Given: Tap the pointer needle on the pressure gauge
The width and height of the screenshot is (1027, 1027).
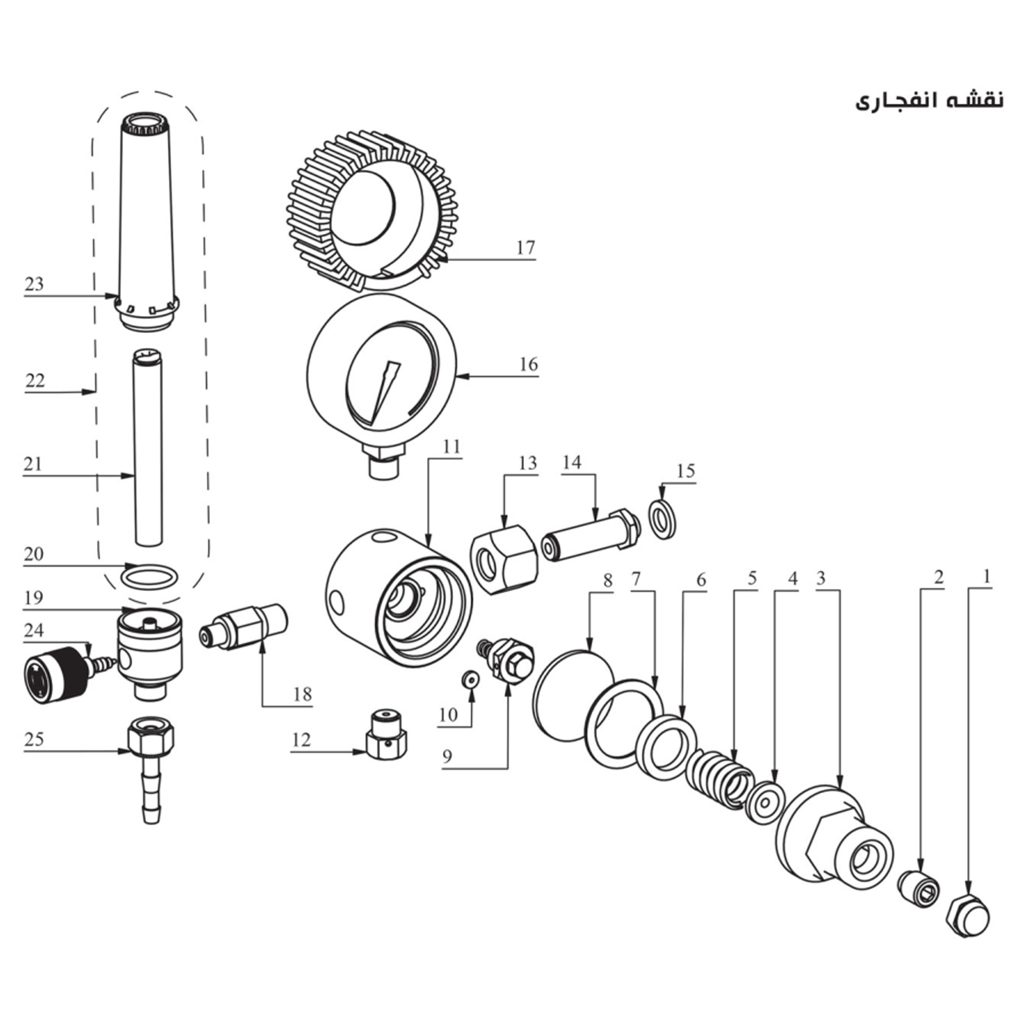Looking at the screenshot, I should coord(387,391).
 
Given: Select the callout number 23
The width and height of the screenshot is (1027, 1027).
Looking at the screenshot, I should coord(35,284).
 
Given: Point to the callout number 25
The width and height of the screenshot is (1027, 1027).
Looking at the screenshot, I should coord(34,739).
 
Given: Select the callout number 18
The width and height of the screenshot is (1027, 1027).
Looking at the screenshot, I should coord(302,694).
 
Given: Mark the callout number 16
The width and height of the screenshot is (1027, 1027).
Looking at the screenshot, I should coord(528,365).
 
